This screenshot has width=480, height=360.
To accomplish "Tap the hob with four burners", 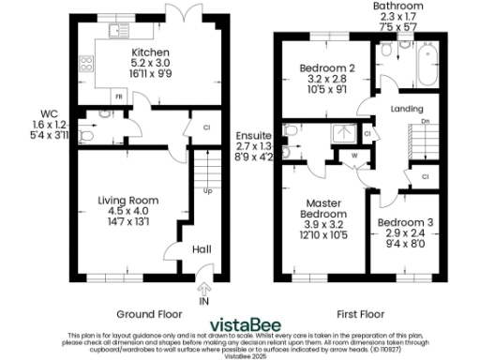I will tap(87, 65).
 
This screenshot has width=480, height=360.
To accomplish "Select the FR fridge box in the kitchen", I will tap(118, 96).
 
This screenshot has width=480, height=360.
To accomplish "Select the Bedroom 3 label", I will tap(402, 222).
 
